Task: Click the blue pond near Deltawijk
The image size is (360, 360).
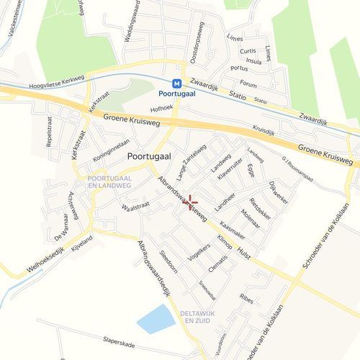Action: [156, 318]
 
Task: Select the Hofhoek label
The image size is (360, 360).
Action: [162, 109]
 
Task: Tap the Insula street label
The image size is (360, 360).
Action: [253, 61]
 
